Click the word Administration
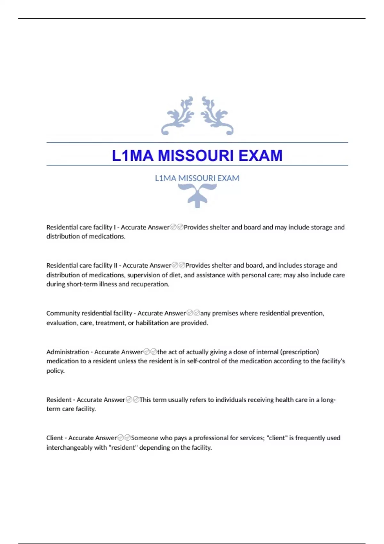click(x=68, y=352)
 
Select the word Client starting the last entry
click(x=54, y=438)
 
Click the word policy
click(x=55, y=371)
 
